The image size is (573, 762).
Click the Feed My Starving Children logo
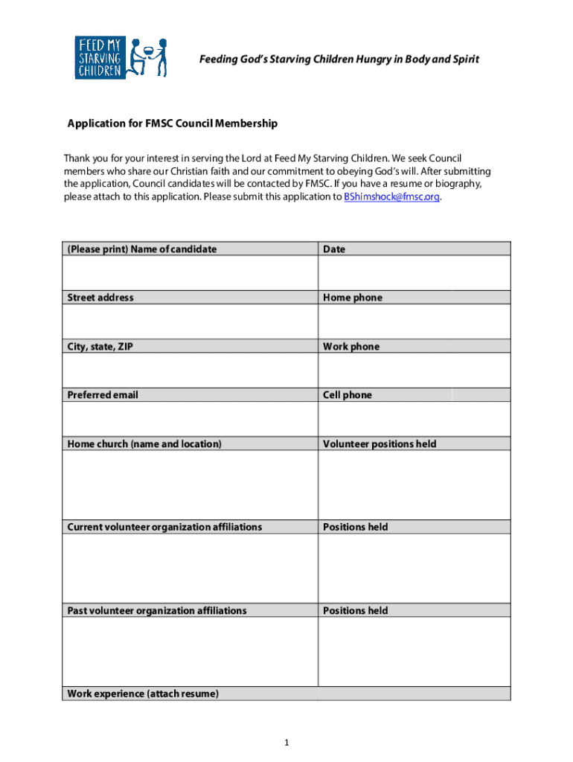click(x=121, y=57)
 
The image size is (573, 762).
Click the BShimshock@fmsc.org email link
click(x=392, y=197)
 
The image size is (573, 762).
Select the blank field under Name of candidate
click(x=190, y=272)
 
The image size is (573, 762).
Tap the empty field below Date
click(x=414, y=272)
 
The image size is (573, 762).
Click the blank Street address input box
click(x=190, y=321)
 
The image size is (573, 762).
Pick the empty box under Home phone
click(x=414, y=321)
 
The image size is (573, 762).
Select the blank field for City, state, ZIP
click(x=190, y=370)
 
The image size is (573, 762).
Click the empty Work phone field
click(x=414, y=370)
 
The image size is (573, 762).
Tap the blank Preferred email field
click(x=190, y=418)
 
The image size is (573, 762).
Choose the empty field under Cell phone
click(x=414, y=418)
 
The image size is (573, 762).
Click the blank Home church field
click(x=190, y=484)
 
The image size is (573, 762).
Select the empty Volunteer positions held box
click(x=414, y=484)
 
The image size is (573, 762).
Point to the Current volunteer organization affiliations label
click(x=164, y=527)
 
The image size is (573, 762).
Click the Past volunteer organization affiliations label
click(x=157, y=610)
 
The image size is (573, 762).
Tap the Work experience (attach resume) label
click(x=143, y=694)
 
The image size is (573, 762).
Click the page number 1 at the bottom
click(x=286, y=743)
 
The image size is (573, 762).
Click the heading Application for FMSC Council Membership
click(x=173, y=124)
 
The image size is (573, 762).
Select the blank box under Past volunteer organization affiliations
click(x=190, y=651)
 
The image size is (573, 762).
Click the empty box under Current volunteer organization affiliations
click(x=190, y=568)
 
